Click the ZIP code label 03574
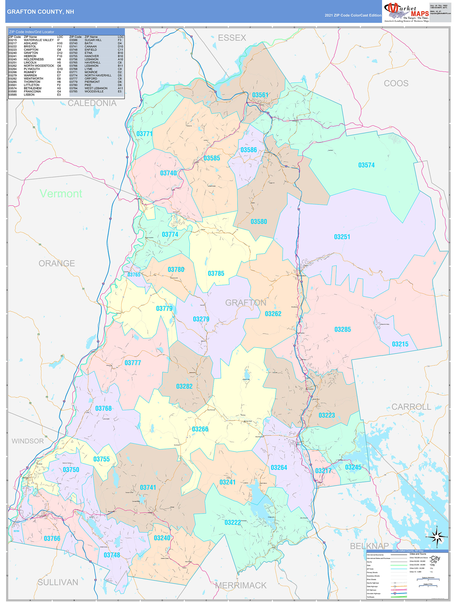click(366, 165)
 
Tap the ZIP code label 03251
click(342, 237)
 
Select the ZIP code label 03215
click(400, 344)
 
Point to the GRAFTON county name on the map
click(245, 303)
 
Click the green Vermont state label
click(61, 194)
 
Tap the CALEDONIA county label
click(92, 103)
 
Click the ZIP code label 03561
click(260, 95)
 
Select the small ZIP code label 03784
click(16, 531)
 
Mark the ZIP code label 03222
click(232, 522)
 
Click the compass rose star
click(437, 537)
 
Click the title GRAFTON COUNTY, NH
click(40, 12)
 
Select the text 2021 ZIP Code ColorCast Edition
click(353, 15)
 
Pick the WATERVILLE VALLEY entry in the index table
click(39, 40)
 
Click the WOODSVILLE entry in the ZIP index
click(94, 91)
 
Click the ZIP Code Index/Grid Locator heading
click(31, 32)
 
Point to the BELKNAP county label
click(369, 546)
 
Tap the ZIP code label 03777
click(133, 363)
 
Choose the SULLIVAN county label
click(58, 582)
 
